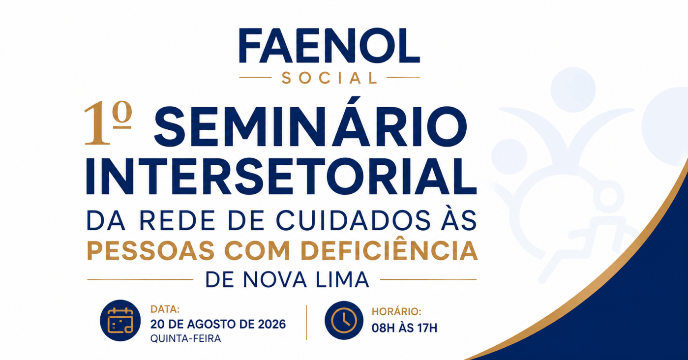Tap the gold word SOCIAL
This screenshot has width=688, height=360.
coord(329,78)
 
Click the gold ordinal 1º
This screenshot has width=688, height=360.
coord(108,123)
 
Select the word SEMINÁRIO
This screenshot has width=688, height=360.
coord(310,123)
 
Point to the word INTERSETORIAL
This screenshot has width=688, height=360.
coord(281,177)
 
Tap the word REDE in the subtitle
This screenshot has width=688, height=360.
coord(177,220)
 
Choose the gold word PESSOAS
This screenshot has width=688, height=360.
coord(151,251)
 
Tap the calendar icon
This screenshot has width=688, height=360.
coord(120,320)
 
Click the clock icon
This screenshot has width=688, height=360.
coord(344,320)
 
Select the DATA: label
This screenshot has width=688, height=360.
coord(165,309)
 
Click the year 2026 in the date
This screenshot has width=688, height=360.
coord(272,324)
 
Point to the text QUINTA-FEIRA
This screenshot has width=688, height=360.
coord(185,338)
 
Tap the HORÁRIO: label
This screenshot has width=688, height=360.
coord(396,311)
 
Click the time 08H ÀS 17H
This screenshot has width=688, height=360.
coord(404,328)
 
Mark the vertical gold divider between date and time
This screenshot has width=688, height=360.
coord(306,323)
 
